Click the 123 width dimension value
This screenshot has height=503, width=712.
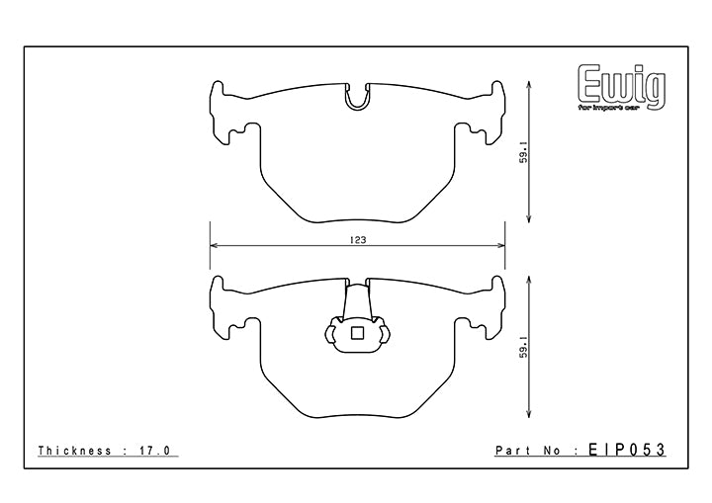coord(358,240)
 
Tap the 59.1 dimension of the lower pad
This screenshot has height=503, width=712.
coord(524,347)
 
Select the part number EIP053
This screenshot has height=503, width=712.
coord(627,450)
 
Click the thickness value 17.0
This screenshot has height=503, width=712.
coord(153,451)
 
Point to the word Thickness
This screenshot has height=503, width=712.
coord(74,451)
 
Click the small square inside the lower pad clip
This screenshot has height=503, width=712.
coord(357,333)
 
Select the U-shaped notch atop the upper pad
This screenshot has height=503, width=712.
coord(357,97)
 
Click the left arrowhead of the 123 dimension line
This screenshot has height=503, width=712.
coord(214,246)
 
